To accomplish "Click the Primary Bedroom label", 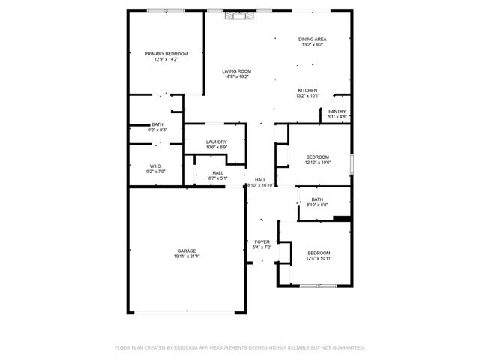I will pyautogui.click(x=166, y=54).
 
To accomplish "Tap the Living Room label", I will pyautogui.click(x=235, y=71).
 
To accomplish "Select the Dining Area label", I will pyautogui.click(x=312, y=40).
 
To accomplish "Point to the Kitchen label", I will pyautogui.click(x=307, y=90).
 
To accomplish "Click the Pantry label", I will pyautogui.click(x=337, y=112).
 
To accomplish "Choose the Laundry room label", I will pyautogui.click(x=217, y=142).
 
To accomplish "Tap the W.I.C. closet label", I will pyautogui.click(x=156, y=166).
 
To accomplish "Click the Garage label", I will pyautogui.click(x=187, y=251).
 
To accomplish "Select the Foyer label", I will pyautogui.click(x=262, y=241).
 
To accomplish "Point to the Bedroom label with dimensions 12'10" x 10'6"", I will pyautogui.click(x=317, y=157).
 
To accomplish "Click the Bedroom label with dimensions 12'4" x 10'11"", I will pyautogui.click(x=319, y=253).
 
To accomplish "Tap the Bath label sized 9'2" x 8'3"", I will pyautogui.click(x=157, y=124).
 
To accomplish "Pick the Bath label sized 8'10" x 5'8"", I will pyautogui.click(x=317, y=199).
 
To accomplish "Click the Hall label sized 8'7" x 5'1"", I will pyautogui.click(x=217, y=173).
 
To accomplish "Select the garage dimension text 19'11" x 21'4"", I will pyautogui.click(x=187, y=256).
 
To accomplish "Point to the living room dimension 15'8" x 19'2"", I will pyautogui.click(x=235, y=76).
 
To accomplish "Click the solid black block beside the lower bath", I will pyautogui.click(x=342, y=218).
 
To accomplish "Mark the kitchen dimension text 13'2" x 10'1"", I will pyautogui.click(x=307, y=95).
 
